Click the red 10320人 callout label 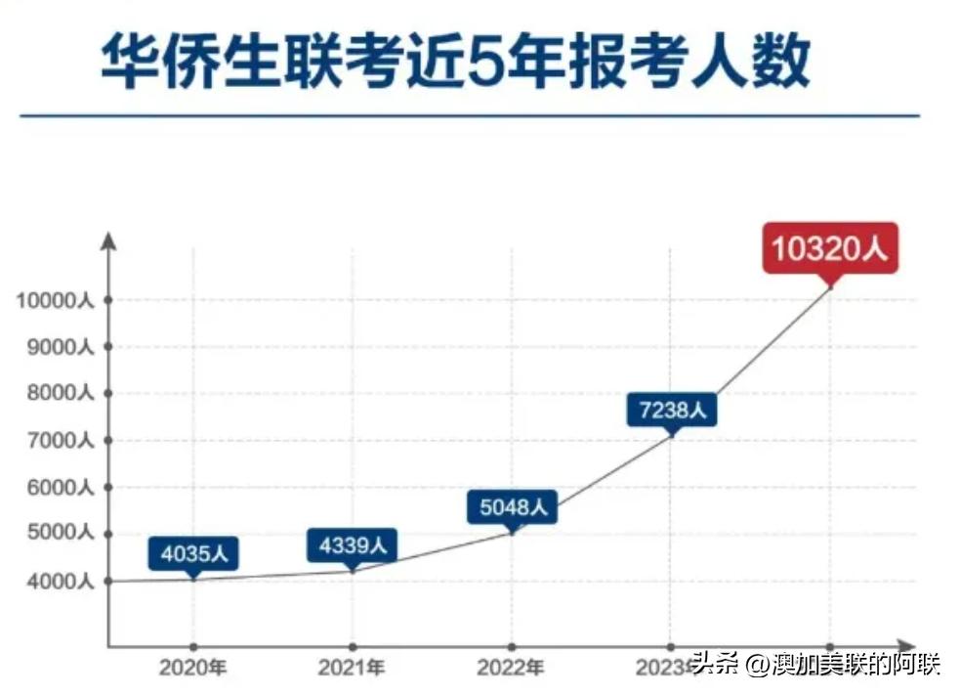coord(829,247)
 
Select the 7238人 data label coord(671,409)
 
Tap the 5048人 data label coord(512,506)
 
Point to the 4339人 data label coord(353,544)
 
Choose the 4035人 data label coord(193,553)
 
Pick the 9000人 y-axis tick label coord(61,347)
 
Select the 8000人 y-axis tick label coord(61,394)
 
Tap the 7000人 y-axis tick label coord(61,441)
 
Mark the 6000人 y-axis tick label coord(61,488)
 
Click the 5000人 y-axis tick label coord(61,535)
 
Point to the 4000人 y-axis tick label coord(61,582)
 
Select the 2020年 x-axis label coord(193,669)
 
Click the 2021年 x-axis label coord(353,669)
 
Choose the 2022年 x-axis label coord(512,669)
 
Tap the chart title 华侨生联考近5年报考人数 coord(454,64)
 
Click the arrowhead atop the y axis coord(108,239)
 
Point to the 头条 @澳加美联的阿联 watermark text coord(816,666)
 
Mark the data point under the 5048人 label coord(512,533)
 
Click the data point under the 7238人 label coord(671,434)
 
